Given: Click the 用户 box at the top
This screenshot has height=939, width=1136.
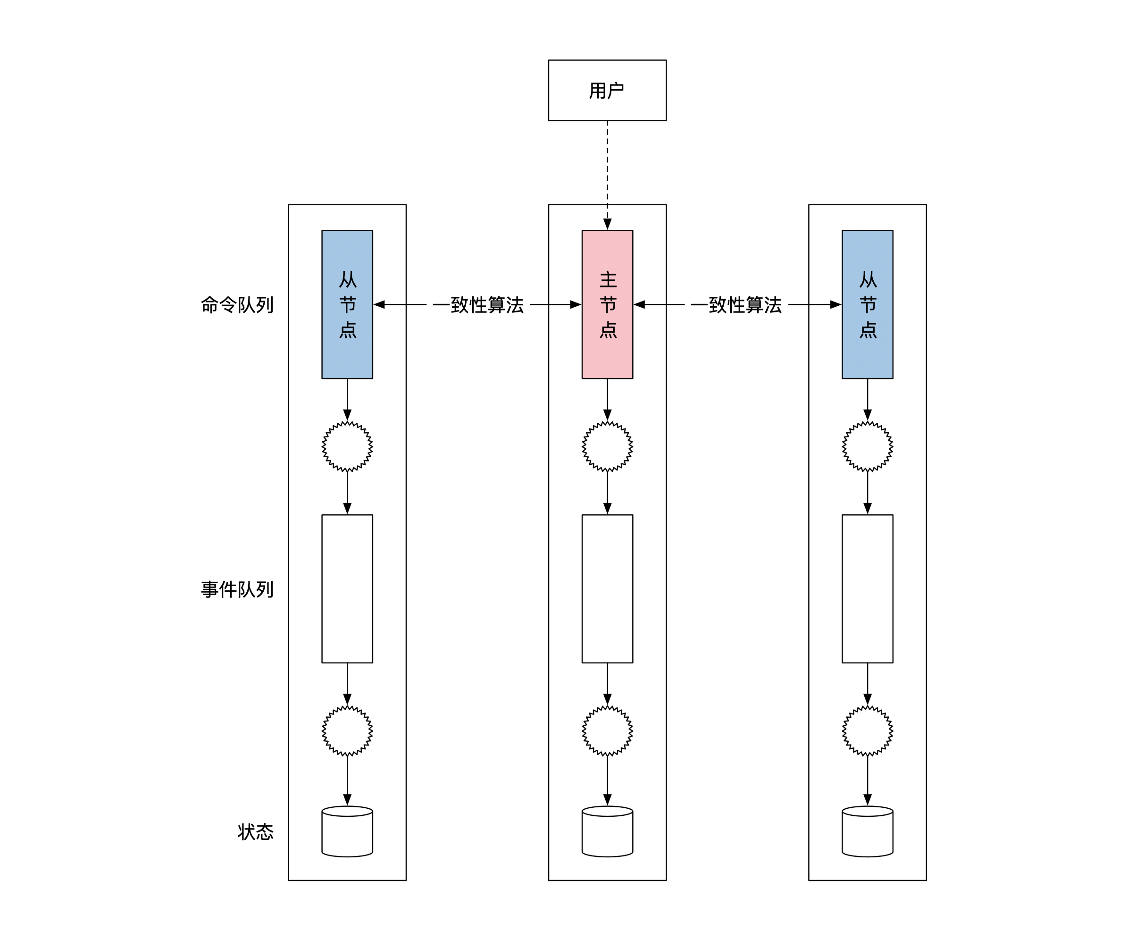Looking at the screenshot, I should tap(607, 90).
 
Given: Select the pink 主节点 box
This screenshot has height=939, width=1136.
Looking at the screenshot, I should tap(607, 304).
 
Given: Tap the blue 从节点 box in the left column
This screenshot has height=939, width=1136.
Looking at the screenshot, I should tap(347, 304).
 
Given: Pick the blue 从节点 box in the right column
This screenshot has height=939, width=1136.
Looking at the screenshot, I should tap(867, 304).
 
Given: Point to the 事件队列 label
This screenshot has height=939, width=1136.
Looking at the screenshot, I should tap(237, 589).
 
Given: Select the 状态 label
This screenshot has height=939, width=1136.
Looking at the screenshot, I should tap(255, 831).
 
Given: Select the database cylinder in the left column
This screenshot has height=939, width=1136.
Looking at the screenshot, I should tap(347, 831).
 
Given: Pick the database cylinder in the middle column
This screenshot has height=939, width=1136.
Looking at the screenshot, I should tap(607, 831).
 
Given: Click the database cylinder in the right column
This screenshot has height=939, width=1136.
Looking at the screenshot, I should tap(867, 831).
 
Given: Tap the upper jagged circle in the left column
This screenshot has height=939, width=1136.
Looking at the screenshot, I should tap(347, 446).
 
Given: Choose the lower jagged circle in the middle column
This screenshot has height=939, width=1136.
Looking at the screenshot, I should tap(607, 730).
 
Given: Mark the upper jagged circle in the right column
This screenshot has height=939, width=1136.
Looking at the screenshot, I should tap(867, 446).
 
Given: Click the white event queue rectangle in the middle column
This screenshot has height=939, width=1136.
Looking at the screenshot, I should tap(607, 588).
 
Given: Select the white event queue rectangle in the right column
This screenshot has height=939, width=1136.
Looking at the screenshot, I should tap(867, 588).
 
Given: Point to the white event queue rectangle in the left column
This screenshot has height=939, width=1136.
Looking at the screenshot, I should tap(347, 588).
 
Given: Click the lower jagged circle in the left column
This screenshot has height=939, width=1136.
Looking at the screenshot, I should tap(347, 730).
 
